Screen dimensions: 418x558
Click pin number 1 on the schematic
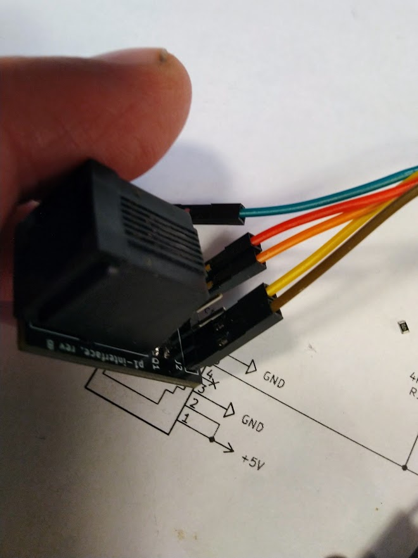click(x=186, y=419)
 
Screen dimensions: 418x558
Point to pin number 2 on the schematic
click(x=195, y=403)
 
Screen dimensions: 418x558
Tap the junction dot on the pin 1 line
click(x=214, y=438)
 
